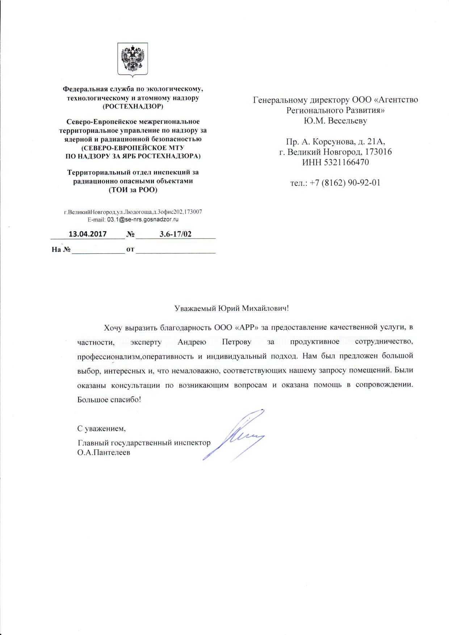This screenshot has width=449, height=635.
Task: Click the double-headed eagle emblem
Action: point(133,59)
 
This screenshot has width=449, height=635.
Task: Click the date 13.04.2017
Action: point(88,234)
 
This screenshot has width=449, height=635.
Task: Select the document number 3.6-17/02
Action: point(175,234)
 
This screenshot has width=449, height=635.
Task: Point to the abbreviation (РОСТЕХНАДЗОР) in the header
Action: point(133,106)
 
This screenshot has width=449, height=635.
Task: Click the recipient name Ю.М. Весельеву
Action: point(335,121)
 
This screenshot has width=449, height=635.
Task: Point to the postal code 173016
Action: point(378,152)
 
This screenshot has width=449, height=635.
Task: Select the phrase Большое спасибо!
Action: point(109,400)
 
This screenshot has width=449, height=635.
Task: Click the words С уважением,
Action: point(101,429)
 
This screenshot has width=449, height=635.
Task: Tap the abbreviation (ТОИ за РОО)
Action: point(133,190)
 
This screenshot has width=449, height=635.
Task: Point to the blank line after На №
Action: point(98,250)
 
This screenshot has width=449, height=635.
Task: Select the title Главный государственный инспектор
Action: point(144,443)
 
